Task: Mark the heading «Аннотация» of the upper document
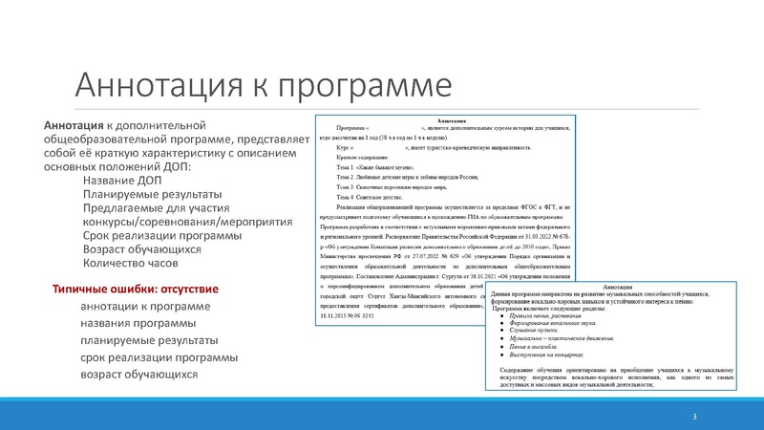(449, 120)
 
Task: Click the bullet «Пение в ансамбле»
(541, 348)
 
